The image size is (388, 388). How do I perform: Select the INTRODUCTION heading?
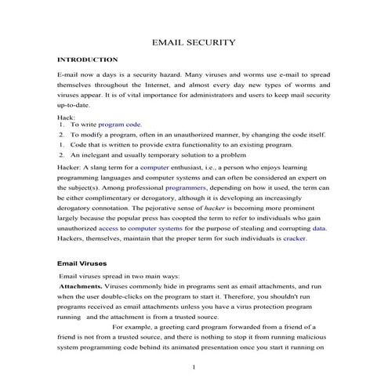[88, 60]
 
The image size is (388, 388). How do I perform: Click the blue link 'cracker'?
[294, 216]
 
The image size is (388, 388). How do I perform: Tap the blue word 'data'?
[320, 206]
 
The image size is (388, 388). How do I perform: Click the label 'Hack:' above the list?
[67, 116]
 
